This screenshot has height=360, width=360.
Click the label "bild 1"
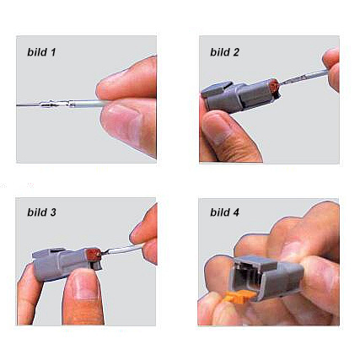click(x=41, y=52)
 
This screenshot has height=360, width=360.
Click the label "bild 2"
click(x=224, y=52)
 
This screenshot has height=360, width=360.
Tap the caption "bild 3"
click(x=41, y=212)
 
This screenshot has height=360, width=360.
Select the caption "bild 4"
click(x=224, y=212)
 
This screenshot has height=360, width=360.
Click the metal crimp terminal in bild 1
click(x=57, y=105)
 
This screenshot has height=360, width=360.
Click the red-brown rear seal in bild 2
click(x=273, y=86)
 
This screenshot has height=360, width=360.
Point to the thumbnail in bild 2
click(x=217, y=126)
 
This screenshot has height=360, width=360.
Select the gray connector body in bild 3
click(x=65, y=263)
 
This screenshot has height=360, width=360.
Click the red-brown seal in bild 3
click(x=94, y=254)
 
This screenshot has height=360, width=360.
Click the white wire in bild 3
click(x=124, y=250)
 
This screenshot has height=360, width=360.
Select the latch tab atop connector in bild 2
click(x=217, y=89)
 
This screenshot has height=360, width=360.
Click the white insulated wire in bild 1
click(x=88, y=105)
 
